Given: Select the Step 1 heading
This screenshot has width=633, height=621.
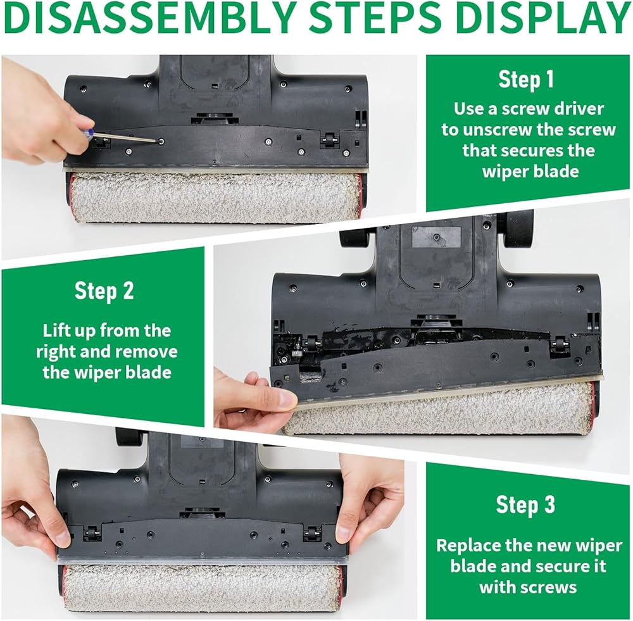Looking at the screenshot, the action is tap(525, 79).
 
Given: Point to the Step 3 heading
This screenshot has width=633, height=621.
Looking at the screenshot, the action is tap(525, 505).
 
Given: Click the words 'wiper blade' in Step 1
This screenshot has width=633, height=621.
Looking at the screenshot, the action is tap(530, 171).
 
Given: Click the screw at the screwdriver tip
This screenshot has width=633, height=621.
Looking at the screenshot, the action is tap(162, 142).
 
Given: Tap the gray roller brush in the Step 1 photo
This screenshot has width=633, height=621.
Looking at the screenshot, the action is tap(216, 198).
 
